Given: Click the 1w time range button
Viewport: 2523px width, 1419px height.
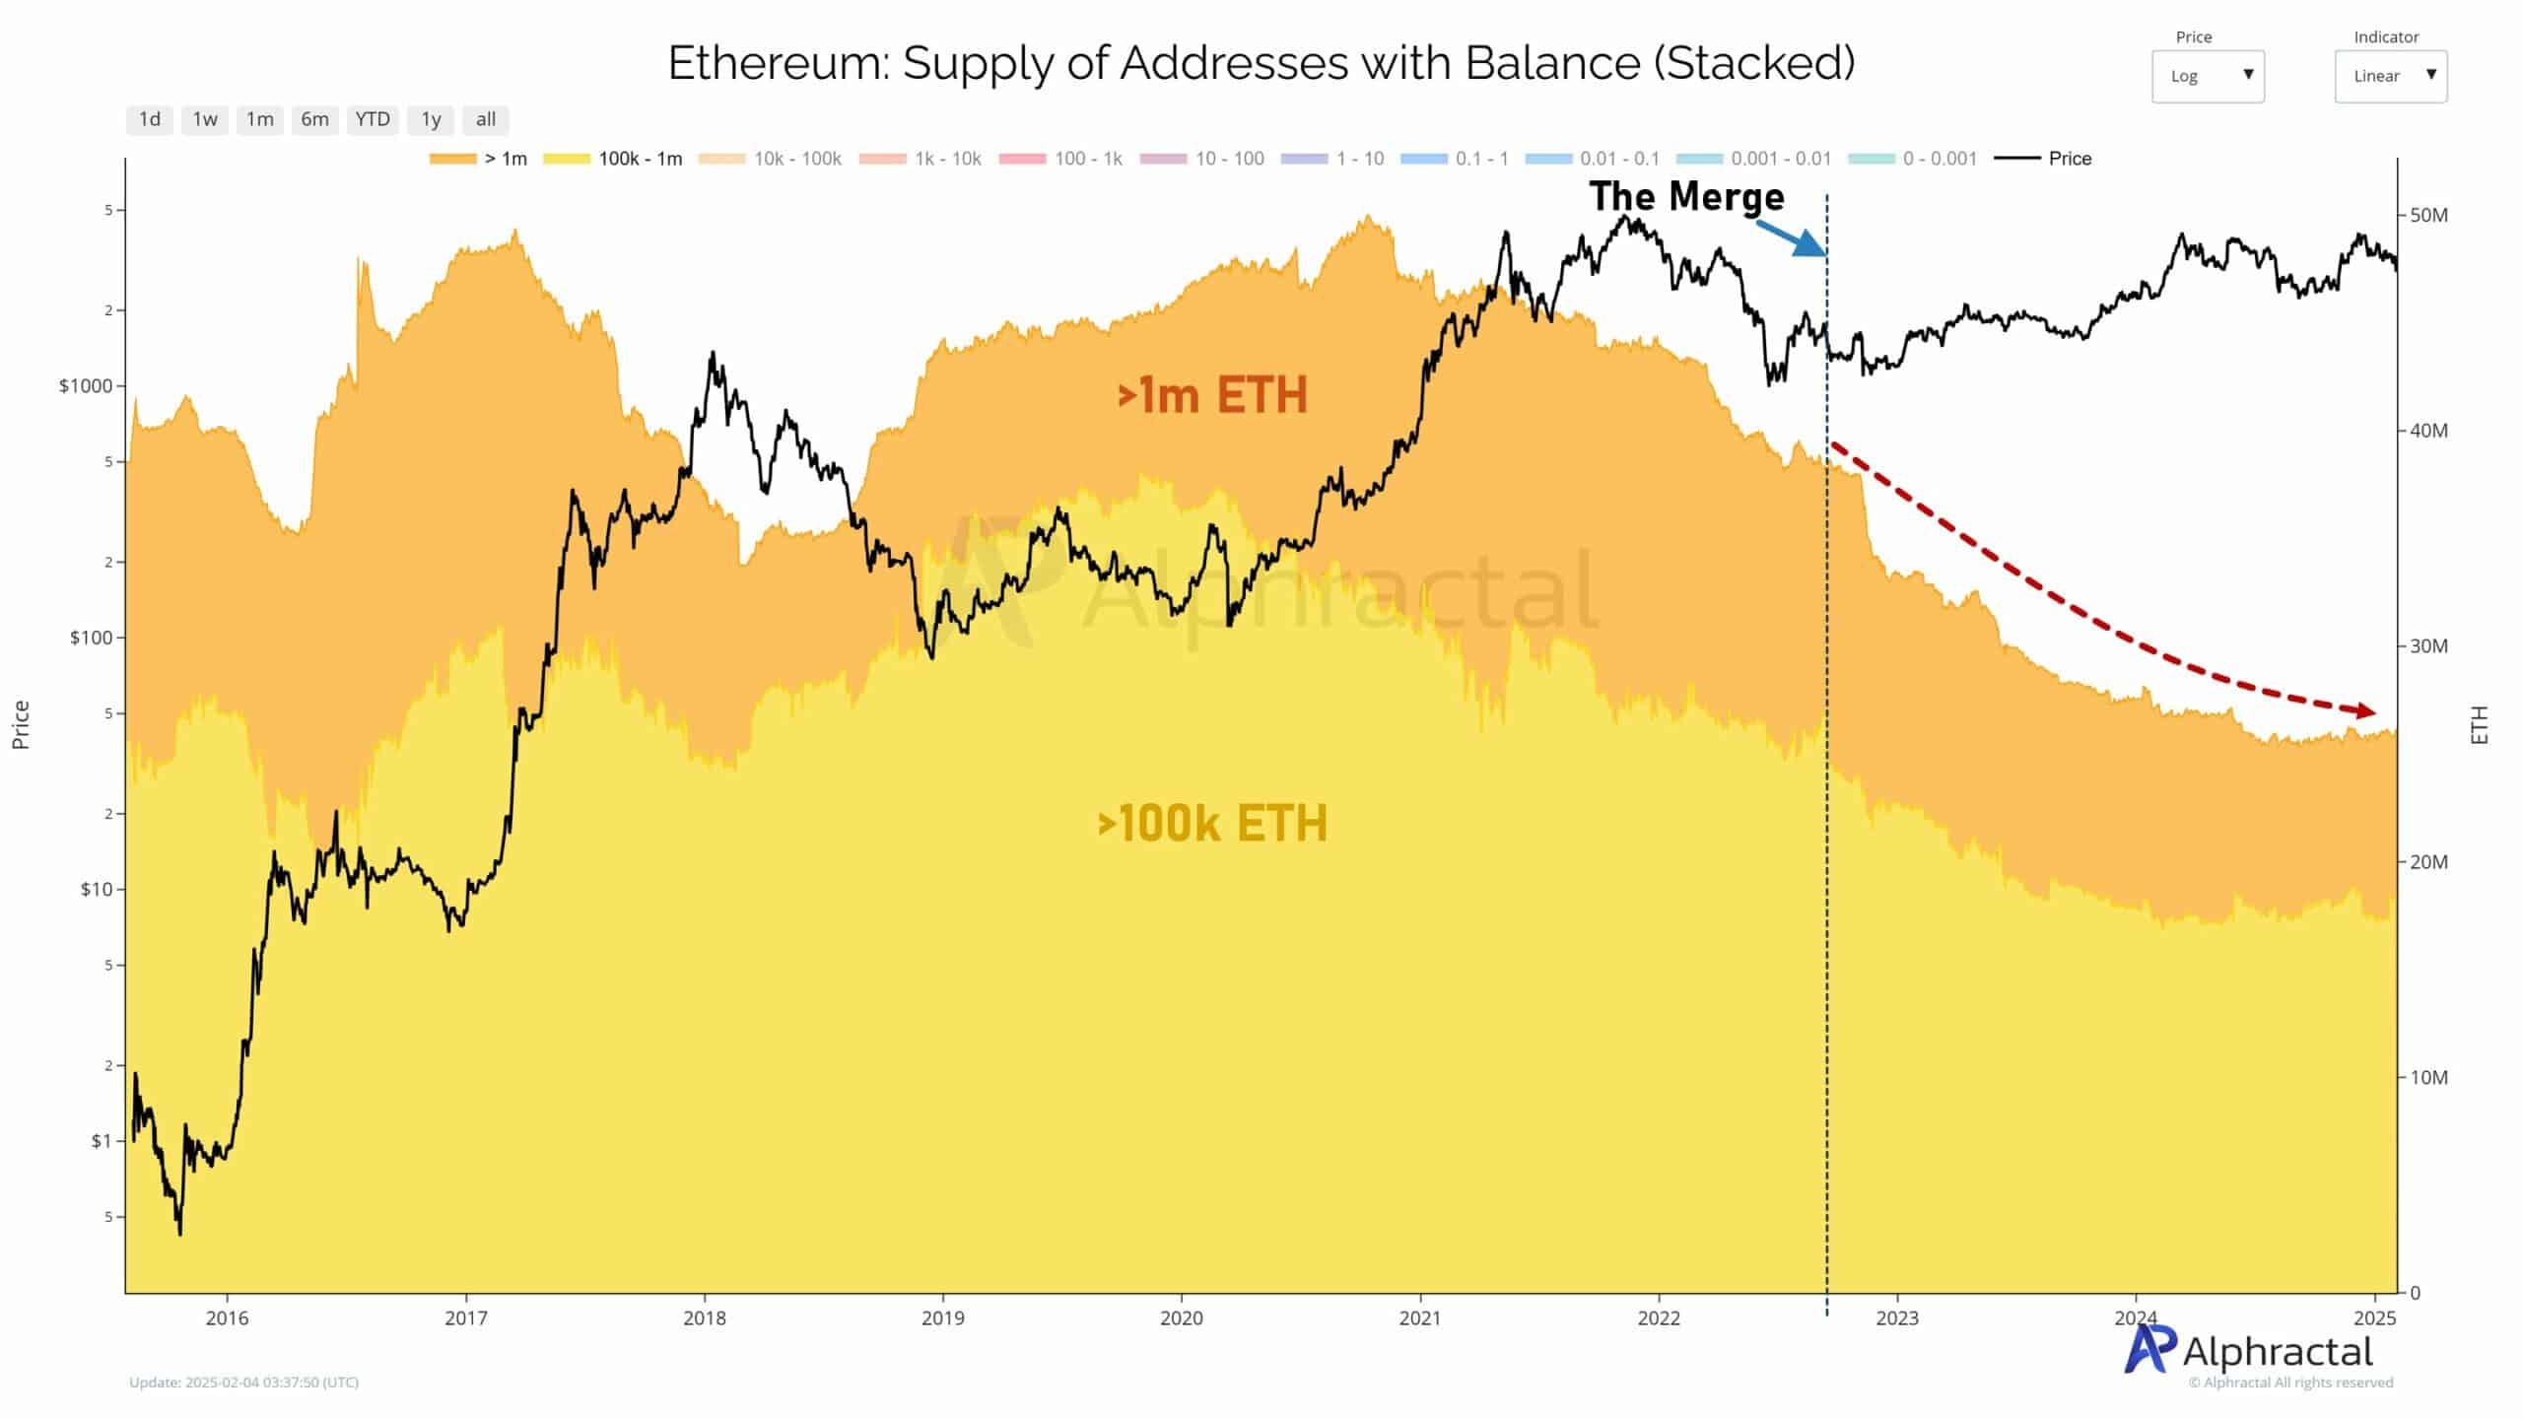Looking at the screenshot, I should (x=205, y=119).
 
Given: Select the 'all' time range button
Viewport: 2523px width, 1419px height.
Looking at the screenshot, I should (x=485, y=119).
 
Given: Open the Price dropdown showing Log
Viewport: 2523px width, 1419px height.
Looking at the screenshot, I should (x=2208, y=76).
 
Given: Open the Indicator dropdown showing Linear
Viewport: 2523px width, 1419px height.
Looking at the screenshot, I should (x=2390, y=76).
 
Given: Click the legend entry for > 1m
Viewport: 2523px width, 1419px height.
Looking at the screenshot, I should (x=479, y=159).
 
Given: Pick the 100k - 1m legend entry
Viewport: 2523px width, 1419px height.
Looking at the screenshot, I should (x=613, y=159).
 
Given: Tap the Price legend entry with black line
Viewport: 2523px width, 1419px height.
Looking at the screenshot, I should (x=2043, y=159).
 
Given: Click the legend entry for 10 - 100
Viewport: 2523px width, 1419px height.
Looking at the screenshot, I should (x=1202, y=159).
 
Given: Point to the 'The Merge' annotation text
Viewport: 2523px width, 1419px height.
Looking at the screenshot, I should (x=1686, y=197).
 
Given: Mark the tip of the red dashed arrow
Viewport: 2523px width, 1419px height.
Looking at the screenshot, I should (x=2372, y=711).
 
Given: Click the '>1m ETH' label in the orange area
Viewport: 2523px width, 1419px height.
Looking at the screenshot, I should (x=1211, y=395).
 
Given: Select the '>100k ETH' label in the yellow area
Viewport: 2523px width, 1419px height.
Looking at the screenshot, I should (x=1211, y=824).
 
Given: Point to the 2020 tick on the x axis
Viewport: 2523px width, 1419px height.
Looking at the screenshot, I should (x=1181, y=1318).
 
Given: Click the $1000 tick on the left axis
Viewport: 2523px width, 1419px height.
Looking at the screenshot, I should (x=86, y=386).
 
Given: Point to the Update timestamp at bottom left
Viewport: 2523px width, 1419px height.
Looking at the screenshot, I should (x=243, y=1383).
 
